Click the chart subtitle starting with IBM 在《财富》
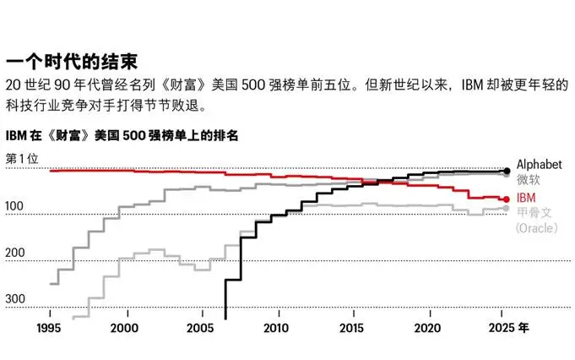pyautogui.click(x=122, y=135)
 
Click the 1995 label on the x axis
pyautogui.click(x=50, y=328)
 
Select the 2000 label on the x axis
pyautogui.click(x=125, y=328)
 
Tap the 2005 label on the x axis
pyautogui.click(x=201, y=328)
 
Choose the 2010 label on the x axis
pyautogui.click(x=277, y=328)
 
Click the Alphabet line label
pyautogui.click(x=538, y=164)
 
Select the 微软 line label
pyautogui.click(x=528, y=180)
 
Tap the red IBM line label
pyautogui.click(x=525, y=197)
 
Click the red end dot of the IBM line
pyautogui.click(x=506, y=199)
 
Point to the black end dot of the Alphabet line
pyautogui.click(x=506, y=171)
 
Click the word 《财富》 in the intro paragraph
pyautogui.click(x=201, y=86)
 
